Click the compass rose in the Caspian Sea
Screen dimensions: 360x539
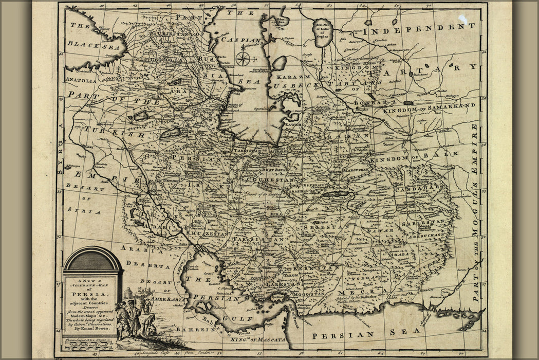tap(243, 59)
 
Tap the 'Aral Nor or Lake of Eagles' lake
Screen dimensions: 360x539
tap(323, 32)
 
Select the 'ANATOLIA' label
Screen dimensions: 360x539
tap(81, 80)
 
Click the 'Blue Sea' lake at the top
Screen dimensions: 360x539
tap(281, 21)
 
